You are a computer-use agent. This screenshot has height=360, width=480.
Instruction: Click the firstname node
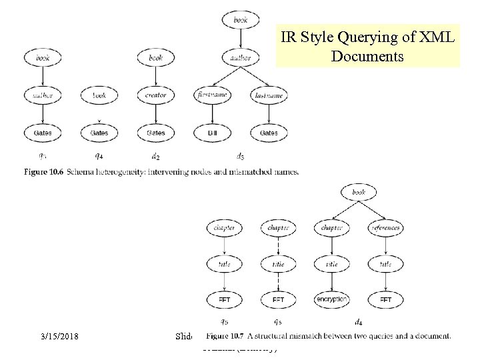pos(212,95)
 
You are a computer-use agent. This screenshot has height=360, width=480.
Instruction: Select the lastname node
pos(269,95)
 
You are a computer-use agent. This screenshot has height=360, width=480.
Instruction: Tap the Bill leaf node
pos(212,133)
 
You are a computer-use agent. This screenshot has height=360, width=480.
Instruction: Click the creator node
pos(155,95)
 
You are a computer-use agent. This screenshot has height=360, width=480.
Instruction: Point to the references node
pos(386,228)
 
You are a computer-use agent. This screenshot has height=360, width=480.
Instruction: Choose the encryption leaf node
pos(331,300)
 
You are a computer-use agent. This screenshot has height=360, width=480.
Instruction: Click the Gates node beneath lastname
pos(269,133)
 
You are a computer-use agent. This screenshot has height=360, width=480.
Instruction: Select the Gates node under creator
pos(155,133)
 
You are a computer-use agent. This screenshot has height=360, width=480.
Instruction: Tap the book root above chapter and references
pos(358,192)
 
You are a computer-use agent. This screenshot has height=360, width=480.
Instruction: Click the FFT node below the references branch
pos(386,300)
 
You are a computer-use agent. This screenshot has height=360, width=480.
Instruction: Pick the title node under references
pos(386,264)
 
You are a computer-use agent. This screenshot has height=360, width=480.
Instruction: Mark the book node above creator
pos(155,58)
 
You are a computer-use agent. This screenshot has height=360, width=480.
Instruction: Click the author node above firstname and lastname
pos(241,58)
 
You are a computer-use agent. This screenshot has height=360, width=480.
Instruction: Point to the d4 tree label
pos(359,323)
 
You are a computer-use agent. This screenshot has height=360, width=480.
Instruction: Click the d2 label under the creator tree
pos(155,157)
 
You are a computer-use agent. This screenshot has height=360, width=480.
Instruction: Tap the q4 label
pos(99,157)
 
